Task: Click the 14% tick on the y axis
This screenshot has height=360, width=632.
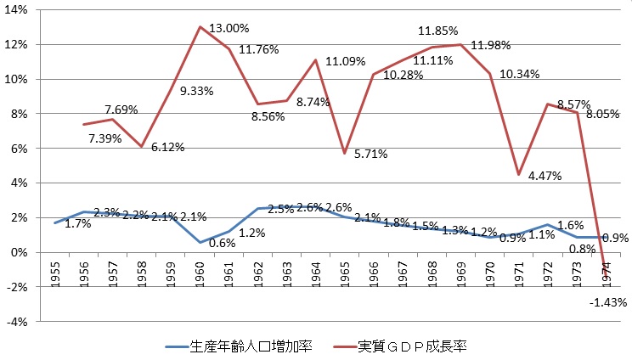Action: click(18, 9)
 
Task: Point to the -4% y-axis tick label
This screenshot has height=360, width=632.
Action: click(18, 322)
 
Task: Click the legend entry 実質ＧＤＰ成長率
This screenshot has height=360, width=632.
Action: click(426, 346)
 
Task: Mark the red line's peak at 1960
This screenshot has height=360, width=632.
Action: click(200, 26)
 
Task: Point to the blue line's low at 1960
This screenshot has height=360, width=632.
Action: click(200, 242)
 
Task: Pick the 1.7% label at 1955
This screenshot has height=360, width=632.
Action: click(79, 225)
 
